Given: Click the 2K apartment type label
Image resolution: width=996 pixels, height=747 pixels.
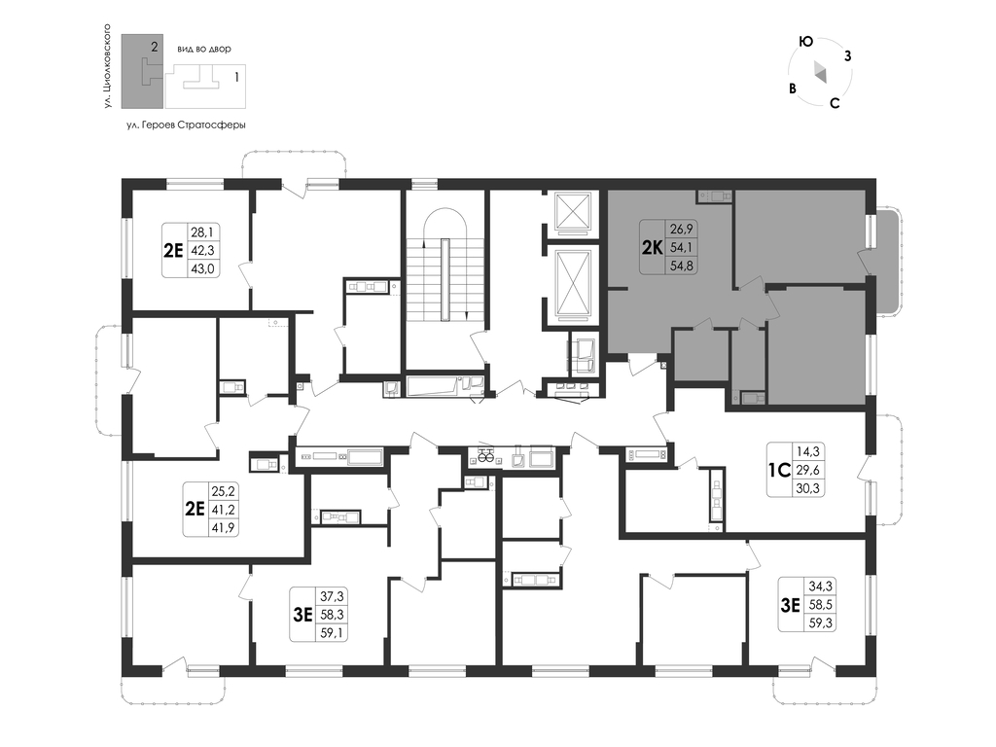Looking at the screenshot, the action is coord(653,247).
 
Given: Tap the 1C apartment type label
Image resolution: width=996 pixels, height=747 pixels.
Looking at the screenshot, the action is coord(779,470).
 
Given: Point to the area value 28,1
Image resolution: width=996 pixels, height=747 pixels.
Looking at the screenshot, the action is coord(202,231).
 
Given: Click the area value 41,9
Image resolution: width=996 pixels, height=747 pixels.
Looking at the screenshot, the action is coord(224,527).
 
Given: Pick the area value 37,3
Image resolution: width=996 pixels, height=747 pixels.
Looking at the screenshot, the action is coord(332,596).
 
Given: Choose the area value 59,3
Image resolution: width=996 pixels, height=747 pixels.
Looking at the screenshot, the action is coord(820,623).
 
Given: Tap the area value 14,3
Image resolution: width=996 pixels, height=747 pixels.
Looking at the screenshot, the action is coord(808,451).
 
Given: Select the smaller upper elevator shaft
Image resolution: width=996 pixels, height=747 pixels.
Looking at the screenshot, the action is coord(573,210).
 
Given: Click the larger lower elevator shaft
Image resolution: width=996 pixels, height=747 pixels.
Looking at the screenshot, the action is coord(573,283).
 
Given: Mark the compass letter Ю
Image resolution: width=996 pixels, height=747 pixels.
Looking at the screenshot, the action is coord(805,42).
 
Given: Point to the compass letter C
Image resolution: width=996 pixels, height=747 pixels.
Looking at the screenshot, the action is coord(835,103).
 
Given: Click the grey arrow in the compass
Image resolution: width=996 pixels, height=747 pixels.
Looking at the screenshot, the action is coord(820,72).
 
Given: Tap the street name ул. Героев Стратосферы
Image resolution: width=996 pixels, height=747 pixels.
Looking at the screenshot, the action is coord(186,125).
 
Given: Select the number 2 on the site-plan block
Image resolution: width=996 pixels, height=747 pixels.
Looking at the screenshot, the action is coord(155,47).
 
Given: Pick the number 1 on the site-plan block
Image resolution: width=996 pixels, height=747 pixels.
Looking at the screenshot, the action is coord(237,78).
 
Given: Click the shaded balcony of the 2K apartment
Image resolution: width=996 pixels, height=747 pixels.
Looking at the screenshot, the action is coord(887,260).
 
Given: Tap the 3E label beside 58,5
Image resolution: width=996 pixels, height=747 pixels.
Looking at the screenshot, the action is coord(790,605).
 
